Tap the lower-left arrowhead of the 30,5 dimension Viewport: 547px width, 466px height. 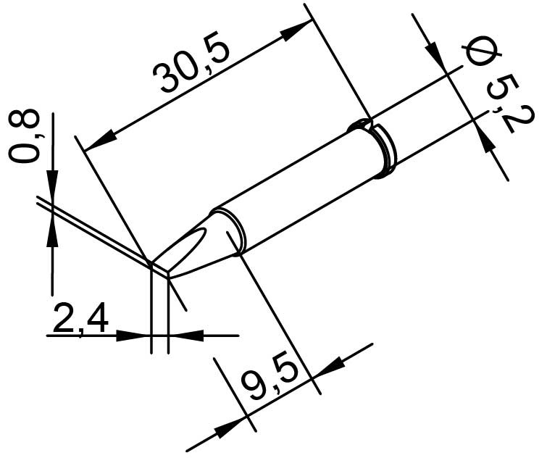tap(100, 140)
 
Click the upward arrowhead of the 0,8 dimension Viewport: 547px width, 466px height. tap(52, 231)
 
